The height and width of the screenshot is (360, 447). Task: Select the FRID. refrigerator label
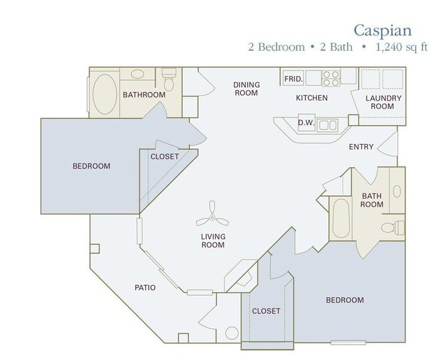coord(294,79)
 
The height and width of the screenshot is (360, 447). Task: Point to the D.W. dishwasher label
coord(306,123)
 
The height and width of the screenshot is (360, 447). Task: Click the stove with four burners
coord(331,77)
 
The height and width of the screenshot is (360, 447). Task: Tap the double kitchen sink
coord(327,125)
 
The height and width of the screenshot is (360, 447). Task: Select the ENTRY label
coord(361,147)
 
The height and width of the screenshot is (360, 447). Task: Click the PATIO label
coord(145,288)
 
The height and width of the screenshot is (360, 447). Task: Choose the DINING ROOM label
coord(246,89)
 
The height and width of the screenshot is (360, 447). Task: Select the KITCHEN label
coord(312,98)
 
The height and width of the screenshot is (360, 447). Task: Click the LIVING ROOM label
coord(212,240)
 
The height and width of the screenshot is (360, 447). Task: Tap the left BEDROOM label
coord(91,166)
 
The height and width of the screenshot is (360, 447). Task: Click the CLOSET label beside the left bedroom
coord(165,156)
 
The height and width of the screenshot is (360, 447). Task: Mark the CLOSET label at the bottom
coord(266,311)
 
